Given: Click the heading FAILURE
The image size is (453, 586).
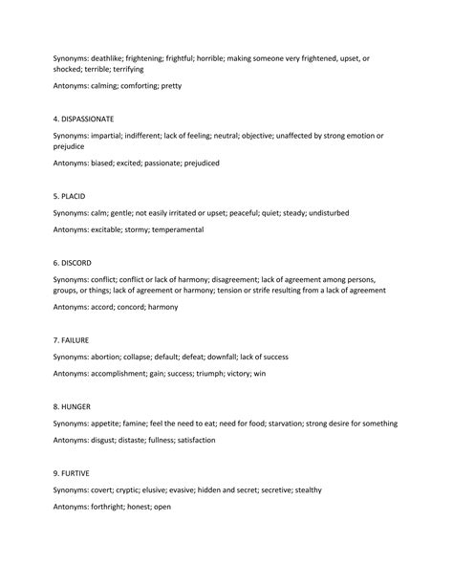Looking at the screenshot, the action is tap(75, 339).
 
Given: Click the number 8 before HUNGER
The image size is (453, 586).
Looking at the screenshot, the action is tap(56, 406).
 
